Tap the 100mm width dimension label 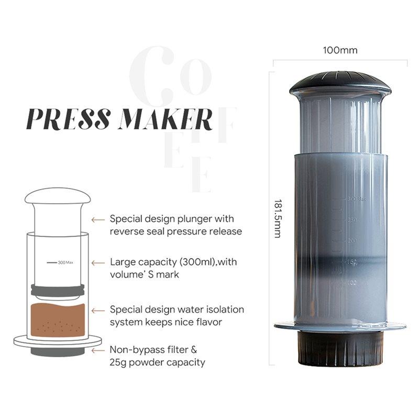(x=340, y=50)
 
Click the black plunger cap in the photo (x=340, y=84)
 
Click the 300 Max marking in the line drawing (x=66, y=262)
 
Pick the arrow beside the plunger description (x=98, y=220)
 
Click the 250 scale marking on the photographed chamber (x=352, y=219)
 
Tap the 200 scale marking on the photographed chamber (x=352, y=240)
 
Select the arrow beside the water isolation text (x=98, y=310)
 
